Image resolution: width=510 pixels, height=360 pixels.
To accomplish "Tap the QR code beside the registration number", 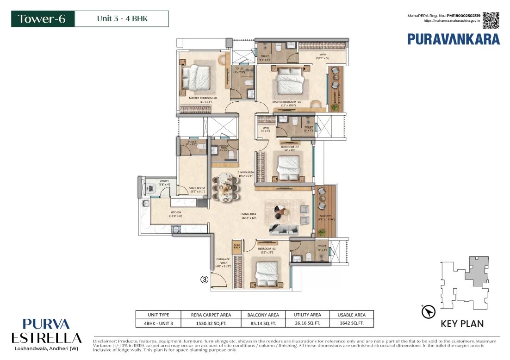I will (x=491, y=20).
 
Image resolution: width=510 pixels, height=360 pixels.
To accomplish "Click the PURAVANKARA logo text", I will (x=453, y=39).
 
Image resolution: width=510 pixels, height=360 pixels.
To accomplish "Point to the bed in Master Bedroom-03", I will (x=290, y=84).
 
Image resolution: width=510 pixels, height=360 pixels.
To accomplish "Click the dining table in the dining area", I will (x=226, y=187).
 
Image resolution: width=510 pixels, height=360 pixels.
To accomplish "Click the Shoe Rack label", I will (x=237, y=246).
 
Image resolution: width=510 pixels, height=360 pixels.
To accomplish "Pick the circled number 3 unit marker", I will (x=204, y=279).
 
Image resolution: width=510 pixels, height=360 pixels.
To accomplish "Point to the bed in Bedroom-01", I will (x=267, y=272).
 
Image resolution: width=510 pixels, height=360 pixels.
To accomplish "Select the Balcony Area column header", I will (x=260, y=315).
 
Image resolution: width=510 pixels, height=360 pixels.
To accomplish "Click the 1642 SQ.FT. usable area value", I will (x=351, y=323).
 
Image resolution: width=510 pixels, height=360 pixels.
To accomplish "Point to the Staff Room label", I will (x=194, y=189).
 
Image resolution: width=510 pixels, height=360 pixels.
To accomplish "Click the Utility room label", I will (x=164, y=182).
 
